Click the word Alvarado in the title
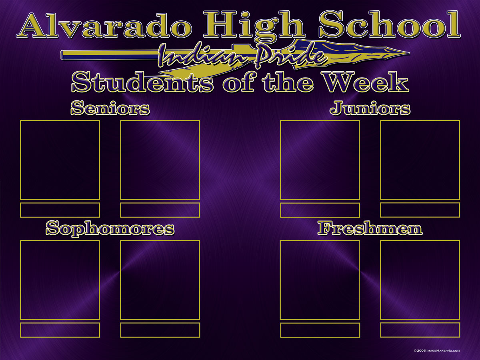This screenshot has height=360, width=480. tap(104, 26)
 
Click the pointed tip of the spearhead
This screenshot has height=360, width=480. tap(409, 53)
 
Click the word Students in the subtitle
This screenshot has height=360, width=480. tap(142, 82)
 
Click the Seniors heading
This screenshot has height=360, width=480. tap(110, 108)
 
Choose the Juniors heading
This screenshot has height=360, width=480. tap(370, 108)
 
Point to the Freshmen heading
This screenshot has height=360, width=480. tap(370, 228)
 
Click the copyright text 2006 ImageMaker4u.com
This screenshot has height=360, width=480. tap(437, 351)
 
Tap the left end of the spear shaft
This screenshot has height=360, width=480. tap(62, 55)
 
